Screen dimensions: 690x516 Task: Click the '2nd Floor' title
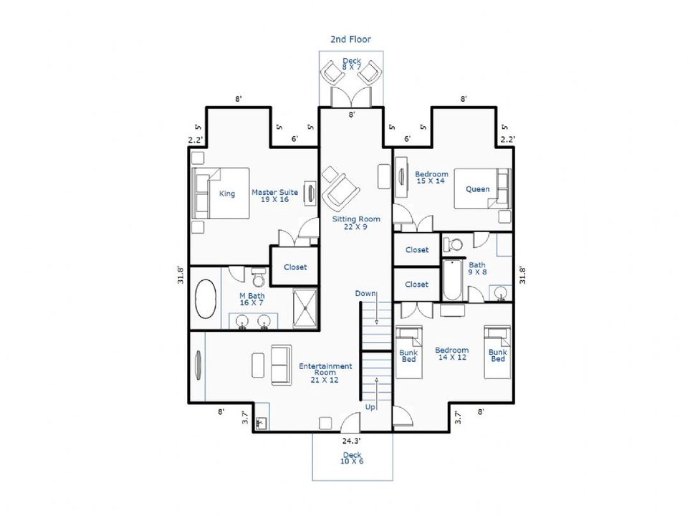point(350,39)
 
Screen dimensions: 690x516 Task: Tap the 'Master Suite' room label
point(274,192)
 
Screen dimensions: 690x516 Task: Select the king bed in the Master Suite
point(221,193)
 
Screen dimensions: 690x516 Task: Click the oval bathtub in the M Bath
point(206,299)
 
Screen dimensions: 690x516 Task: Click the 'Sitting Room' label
point(356,219)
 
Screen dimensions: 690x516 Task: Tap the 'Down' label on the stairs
point(365,294)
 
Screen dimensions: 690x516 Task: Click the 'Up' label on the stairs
point(370,407)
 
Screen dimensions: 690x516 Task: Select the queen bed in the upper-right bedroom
point(483,188)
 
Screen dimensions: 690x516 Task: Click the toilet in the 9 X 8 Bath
point(454,244)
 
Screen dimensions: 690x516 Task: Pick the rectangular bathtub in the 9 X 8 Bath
point(451,280)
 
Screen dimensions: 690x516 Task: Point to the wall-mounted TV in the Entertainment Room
point(198,363)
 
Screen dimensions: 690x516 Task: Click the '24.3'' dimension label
point(352,440)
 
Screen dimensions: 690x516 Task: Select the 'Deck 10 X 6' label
point(352,458)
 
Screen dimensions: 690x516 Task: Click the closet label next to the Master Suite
point(295,267)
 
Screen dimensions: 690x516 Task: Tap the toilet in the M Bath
point(259,277)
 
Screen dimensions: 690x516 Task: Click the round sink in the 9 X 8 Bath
point(501,293)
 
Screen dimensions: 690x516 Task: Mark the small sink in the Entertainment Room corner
point(262,423)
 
